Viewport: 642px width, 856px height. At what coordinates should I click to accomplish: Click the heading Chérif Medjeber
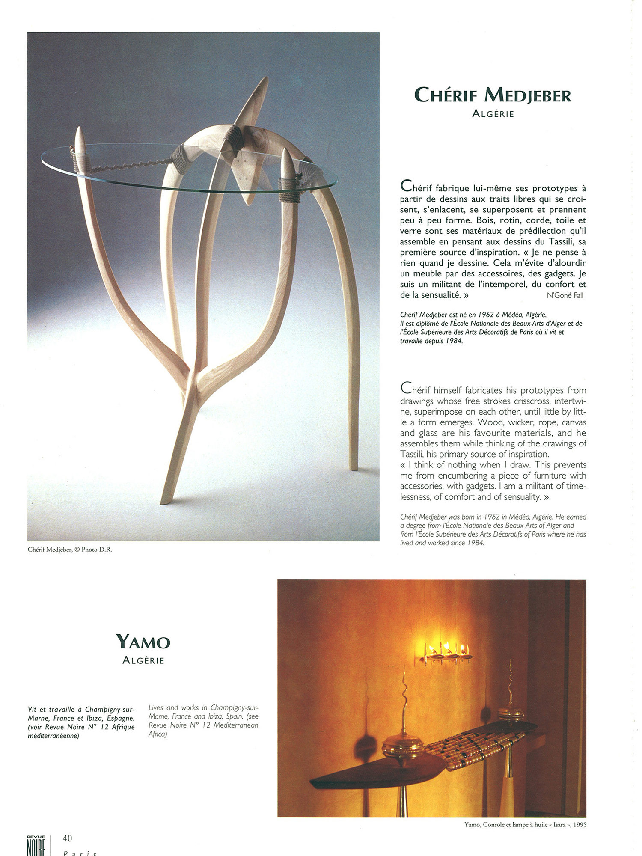point(493,95)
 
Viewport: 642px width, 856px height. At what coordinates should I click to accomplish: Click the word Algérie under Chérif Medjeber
point(493,114)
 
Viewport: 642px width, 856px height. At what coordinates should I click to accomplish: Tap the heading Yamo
point(143,642)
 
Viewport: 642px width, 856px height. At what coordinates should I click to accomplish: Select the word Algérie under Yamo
point(143,660)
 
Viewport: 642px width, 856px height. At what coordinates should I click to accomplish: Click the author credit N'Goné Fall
point(565,295)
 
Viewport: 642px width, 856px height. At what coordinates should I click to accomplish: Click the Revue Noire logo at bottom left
point(36,845)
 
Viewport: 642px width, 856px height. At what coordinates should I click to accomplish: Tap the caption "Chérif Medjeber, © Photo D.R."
point(70,550)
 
